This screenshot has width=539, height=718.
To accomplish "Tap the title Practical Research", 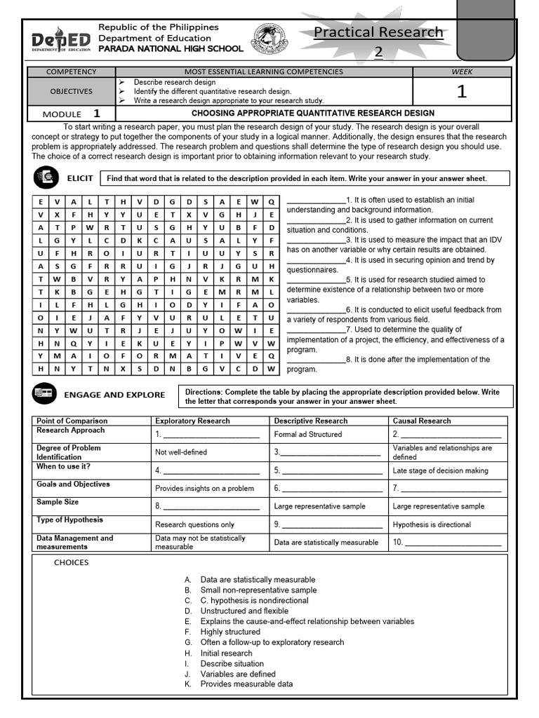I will tap(378, 33).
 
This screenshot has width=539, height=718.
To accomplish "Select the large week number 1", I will tap(461, 91).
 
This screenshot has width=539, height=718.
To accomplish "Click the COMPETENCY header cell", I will tap(71, 72).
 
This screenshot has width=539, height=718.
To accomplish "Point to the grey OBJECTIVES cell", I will tap(71, 91).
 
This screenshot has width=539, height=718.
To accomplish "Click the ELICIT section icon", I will tap(46, 178).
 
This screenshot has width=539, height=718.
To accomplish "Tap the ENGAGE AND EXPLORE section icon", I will tap(44, 394).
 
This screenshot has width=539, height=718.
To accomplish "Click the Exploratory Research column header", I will tap(192, 421).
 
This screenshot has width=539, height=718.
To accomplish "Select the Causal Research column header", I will tap(422, 421).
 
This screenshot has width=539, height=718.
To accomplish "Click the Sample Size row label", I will tap(58, 502).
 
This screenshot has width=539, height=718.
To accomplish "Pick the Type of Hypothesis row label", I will tap(69, 520).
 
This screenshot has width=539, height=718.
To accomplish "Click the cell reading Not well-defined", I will tap(181, 452).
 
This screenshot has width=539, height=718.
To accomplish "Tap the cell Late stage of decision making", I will tap(440, 470).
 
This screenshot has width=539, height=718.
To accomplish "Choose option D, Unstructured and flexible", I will tap(244, 611).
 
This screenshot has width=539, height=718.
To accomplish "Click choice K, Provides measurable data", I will tap(246, 684).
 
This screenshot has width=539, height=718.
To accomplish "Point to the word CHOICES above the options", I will tap(72, 562).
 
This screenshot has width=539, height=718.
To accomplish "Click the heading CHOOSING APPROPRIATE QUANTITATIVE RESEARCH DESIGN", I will tap(313, 113).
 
